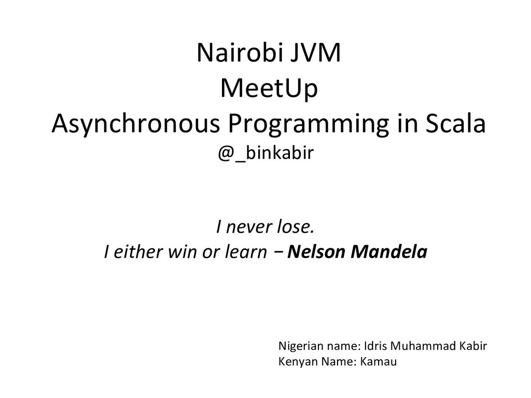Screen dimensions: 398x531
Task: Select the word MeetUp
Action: tap(269, 90)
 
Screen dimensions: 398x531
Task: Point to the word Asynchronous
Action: tap(136, 125)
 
